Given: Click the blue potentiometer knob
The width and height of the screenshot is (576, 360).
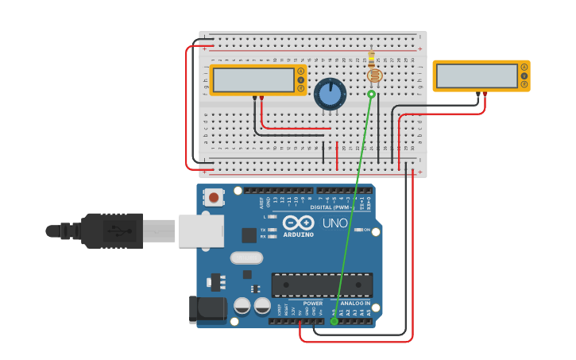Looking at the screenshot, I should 330,94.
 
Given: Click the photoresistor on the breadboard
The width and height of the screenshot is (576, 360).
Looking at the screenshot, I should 373,75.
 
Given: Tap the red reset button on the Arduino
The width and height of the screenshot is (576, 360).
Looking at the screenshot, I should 213,196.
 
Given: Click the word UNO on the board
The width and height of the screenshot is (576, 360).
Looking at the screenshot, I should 335,223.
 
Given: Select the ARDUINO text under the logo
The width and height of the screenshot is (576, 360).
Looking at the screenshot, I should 298,234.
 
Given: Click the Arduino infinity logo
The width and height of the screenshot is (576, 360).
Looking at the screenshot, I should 298,223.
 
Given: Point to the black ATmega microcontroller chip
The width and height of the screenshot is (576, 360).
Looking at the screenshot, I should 322,285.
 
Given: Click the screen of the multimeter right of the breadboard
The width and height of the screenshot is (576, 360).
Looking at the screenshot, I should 477,76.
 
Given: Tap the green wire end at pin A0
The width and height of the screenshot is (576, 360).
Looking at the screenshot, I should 334,321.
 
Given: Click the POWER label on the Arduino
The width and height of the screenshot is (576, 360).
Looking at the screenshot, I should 313,303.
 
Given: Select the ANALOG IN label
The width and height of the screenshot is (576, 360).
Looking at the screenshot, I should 355,303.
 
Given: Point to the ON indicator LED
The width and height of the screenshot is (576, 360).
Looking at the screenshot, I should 355,230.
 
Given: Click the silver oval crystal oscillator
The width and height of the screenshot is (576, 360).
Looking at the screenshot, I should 246,257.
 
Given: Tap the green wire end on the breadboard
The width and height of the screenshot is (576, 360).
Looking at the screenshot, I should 371,94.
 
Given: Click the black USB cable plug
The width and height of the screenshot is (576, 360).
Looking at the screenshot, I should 111,230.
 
